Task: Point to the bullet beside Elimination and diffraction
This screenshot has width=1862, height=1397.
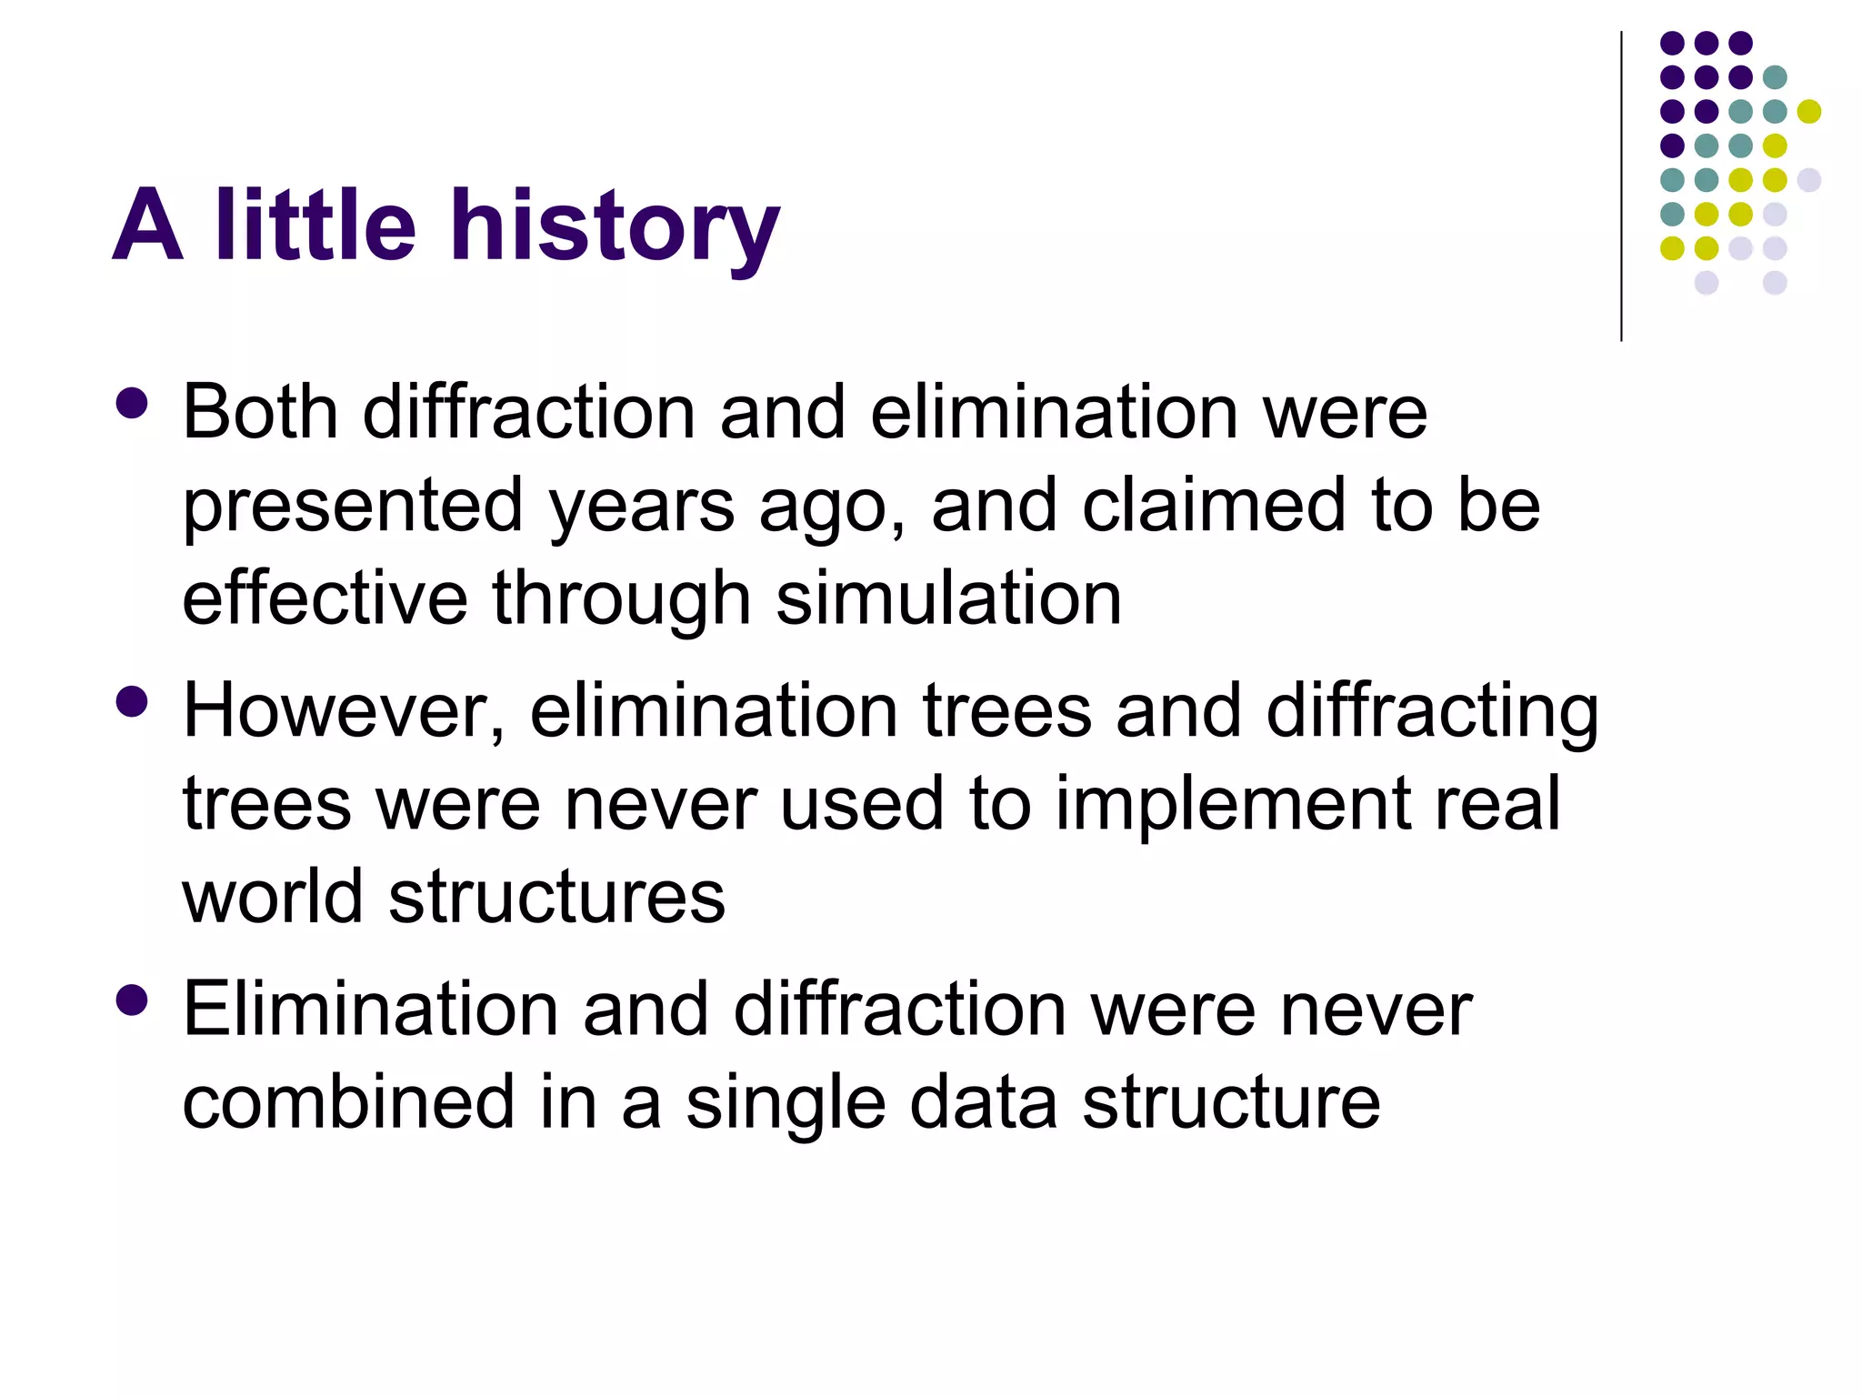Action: (133, 1000)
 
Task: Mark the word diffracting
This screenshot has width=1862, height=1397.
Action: (1431, 711)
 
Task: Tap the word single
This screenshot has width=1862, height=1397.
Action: (786, 1104)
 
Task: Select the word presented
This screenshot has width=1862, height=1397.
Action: (353, 508)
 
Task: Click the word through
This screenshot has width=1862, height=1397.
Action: (622, 600)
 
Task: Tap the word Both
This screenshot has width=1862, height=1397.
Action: (260, 413)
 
